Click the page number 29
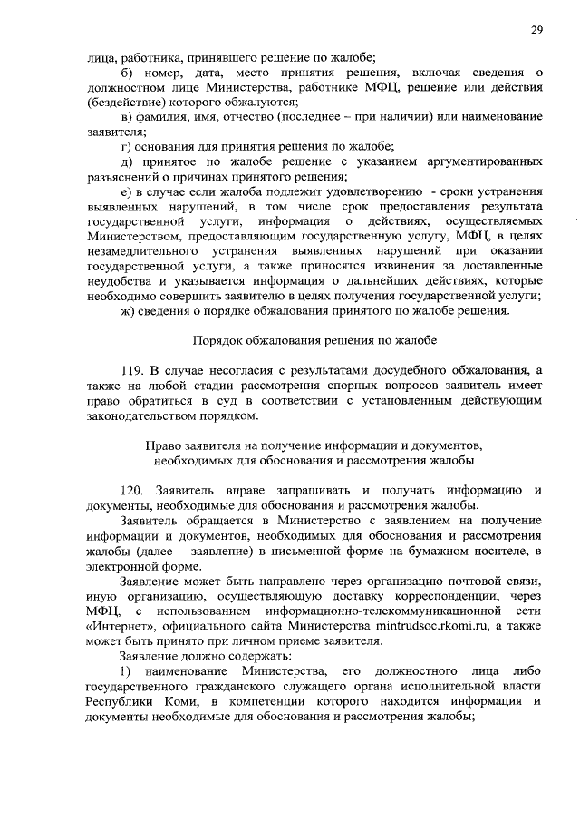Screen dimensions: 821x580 536,30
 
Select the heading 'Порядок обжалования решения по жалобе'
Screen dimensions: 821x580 314,341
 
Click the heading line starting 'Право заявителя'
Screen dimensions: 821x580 314,445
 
